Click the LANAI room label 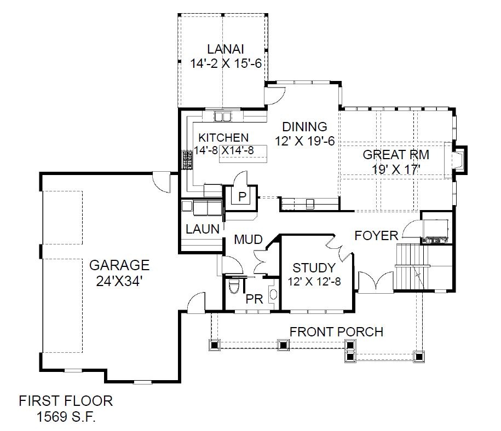(226, 49)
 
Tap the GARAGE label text (119, 265)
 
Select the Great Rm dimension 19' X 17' (395, 169)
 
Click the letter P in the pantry (242, 196)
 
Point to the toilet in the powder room (234, 286)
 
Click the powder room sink (274, 293)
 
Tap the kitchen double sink (222, 116)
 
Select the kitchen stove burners (188, 160)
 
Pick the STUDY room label (314, 267)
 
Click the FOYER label (376, 236)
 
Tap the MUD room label (248, 239)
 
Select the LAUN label (203, 229)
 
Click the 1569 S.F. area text (66, 416)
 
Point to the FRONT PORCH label (336, 332)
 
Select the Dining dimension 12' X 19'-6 (305, 141)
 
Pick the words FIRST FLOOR (66, 401)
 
